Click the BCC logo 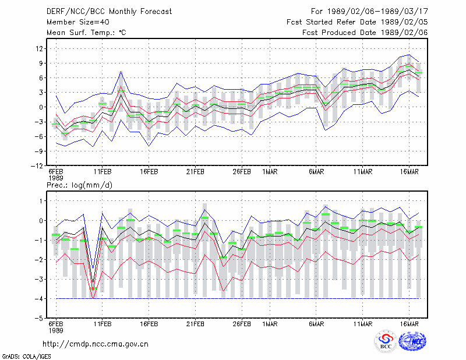pyautogui.click(x=386, y=341)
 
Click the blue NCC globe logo pyautogui.click(x=412, y=341)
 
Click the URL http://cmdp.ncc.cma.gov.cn pyautogui.click(x=96, y=344)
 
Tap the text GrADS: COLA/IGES pyautogui.click(x=26, y=357)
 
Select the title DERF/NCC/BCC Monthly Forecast pyautogui.click(x=109, y=12)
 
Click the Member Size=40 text pyautogui.click(x=78, y=22)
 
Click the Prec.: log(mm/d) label pyautogui.click(x=79, y=185)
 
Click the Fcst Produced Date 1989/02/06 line pyautogui.click(x=365, y=33)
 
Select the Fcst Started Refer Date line pyautogui.click(x=357, y=22)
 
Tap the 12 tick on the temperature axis pyautogui.click(x=40, y=48)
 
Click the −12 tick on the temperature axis pyautogui.click(x=37, y=166)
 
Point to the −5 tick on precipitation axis pyautogui.click(x=38, y=319)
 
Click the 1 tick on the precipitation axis pyautogui.click(x=41, y=201)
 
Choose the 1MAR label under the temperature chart pyautogui.click(x=270, y=172)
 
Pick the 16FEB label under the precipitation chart pyautogui.click(x=149, y=324)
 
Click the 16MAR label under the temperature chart pyautogui.click(x=409, y=172)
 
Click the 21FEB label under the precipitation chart pyautogui.click(x=195, y=324)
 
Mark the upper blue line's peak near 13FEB pyautogui.click(x=121, y=71)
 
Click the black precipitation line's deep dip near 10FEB pyautogui.click(x=93, y=282)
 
